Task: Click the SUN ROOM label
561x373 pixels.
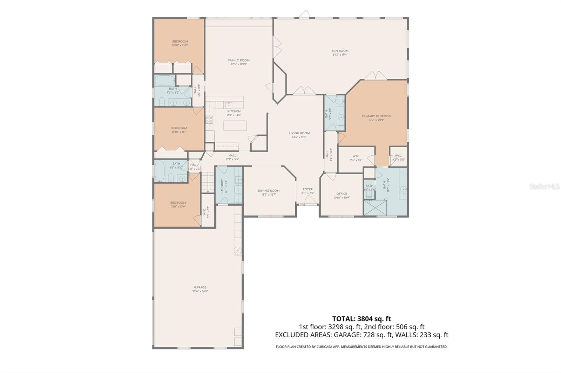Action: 340,51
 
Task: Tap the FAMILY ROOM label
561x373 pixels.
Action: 239,61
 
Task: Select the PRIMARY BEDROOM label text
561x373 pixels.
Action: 376,116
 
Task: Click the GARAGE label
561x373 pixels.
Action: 200,288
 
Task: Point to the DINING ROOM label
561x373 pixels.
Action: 269,191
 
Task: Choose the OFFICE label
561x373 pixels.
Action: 342,194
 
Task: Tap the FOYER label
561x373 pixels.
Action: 307,189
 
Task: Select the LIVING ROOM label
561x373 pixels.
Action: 299,133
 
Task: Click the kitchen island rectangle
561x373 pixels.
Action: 235,125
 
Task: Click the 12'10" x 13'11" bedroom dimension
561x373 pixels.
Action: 180,45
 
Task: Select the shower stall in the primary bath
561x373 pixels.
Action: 375,207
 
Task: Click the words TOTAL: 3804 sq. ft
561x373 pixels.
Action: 361,319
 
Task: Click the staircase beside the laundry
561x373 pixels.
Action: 208,182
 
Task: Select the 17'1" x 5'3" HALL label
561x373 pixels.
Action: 232,157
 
